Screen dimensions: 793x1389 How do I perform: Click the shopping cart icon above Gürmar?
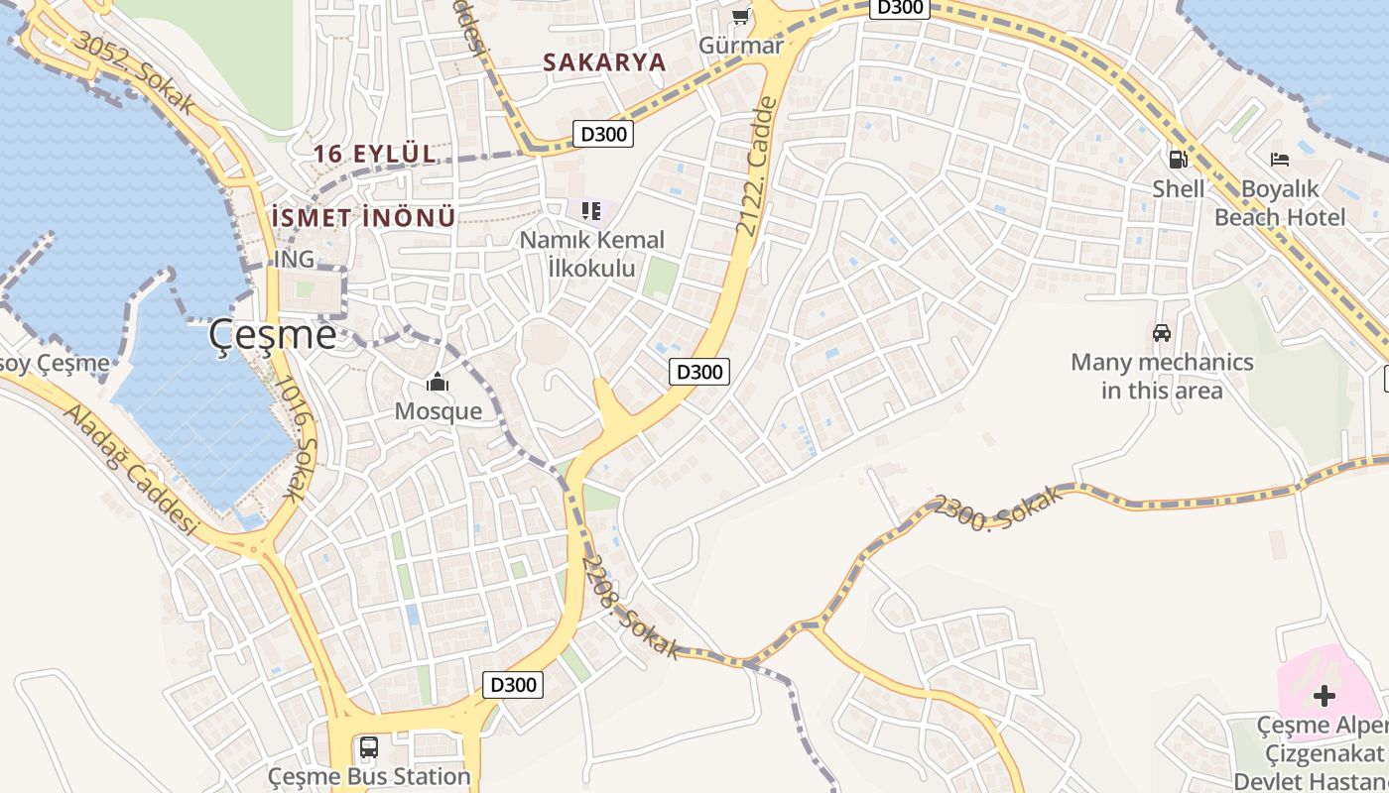(x=740, y=16)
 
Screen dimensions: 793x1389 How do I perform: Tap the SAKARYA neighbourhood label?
(x=603, y=61)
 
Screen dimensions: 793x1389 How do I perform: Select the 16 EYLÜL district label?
(x=375, y=154)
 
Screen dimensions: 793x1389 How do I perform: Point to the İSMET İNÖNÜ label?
(x=363, y=217)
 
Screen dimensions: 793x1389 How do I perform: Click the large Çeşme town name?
(x=273, y=335)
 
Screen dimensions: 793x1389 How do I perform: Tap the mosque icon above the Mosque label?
(x=438, y=382)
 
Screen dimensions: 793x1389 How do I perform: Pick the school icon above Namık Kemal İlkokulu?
(x=591, y=210)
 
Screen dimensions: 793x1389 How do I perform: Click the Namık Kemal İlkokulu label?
(x=592, y=254)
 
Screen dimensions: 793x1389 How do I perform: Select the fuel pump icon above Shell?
(x=1178, y=159)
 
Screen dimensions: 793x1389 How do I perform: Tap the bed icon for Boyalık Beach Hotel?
(x=1280, y=159)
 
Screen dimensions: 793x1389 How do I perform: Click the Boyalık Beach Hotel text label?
(x=1280, y=203)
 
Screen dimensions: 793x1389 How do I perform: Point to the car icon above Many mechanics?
(x=1162, y=333)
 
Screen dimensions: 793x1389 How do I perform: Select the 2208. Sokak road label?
(x=631, y=607)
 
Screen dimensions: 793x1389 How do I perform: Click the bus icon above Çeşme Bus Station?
(x=369, y=746)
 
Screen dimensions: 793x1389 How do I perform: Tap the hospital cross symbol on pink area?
(x=1324, y=696)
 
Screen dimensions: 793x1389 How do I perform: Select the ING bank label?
(x=294, y=260)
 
